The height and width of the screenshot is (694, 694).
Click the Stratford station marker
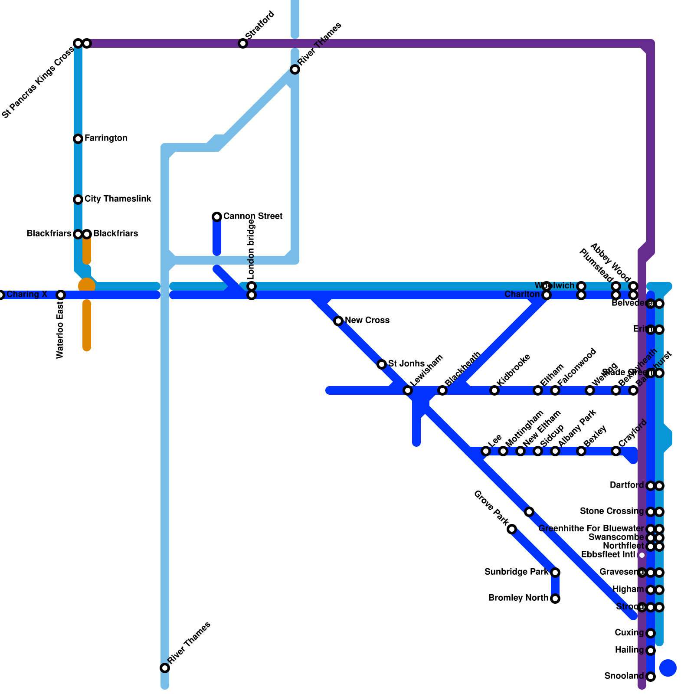[243, 43]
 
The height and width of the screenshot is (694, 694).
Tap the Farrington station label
[106, 138]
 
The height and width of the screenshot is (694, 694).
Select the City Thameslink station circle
[78, 200]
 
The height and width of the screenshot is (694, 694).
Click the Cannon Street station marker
[217, 217]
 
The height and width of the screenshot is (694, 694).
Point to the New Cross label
[367, 321]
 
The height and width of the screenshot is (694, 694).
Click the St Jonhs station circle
[382, 364]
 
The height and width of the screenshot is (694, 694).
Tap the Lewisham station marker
[408, 390]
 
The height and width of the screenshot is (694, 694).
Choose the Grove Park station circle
[512, 529]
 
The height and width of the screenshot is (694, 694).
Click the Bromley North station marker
[555, 599]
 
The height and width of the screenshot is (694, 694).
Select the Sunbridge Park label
[516, 572]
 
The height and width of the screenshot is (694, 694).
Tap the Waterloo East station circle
[61, 295]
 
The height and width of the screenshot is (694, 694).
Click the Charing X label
[27, 295]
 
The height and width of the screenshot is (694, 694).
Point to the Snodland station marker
[651, 677]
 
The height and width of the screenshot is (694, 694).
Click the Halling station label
[629, 650]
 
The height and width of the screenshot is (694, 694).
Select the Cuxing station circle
[651, 633]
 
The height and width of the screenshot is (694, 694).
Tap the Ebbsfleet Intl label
[608, 555]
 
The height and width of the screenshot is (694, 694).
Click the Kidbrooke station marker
[494, 390]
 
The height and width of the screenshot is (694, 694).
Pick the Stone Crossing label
[612, 511]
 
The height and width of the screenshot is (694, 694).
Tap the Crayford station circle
[616, 451]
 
